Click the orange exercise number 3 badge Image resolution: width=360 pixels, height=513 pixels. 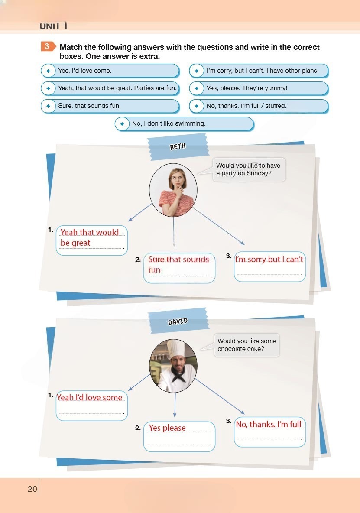(x=48, y=46)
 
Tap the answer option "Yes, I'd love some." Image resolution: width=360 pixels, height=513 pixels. (x=110, y=71)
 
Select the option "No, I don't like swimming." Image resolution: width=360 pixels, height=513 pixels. (x=184, y=123)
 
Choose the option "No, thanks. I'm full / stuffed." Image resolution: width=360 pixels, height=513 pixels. (x=258, y=106)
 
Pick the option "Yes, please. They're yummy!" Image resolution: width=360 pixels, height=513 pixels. (x=258, y=88)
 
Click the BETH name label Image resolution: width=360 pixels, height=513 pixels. (x=178, y=146)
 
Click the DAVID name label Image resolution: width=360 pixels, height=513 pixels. (x=178, y=321)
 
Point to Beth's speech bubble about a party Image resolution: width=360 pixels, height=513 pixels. (x=249, y=169)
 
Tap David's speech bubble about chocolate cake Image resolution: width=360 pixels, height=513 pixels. (x=247, y=345)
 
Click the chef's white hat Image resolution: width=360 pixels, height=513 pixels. (x=175, y=349)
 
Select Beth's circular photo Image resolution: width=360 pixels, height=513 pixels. (x=173, y=190)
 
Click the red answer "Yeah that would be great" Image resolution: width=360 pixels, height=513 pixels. (x=89, y=237)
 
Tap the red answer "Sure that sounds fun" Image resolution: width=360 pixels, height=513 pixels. (x=178, y=264)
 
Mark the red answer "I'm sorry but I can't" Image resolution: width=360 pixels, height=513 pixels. (x=269, y=260)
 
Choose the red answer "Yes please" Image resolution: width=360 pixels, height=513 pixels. (x=167, y=428)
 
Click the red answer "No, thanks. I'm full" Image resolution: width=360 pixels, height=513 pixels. (x=269, y=424)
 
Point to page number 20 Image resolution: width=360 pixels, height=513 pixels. (x=32, y=489)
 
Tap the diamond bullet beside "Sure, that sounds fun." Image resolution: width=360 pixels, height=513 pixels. (x=49, y=106)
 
